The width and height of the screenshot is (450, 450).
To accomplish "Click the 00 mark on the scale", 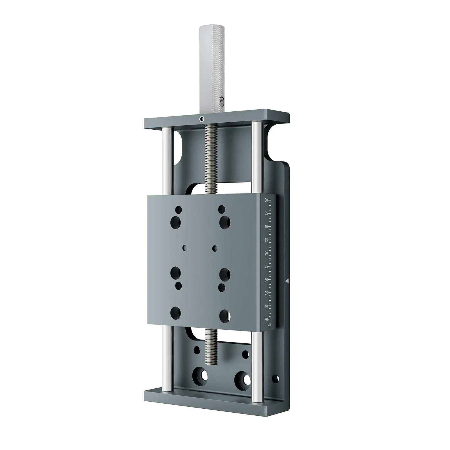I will point(266,200).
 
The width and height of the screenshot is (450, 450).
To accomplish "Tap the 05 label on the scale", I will point(266,213).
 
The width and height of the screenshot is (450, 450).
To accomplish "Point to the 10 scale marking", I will point(266,227).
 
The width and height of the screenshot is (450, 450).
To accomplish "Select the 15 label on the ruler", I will point(266,240).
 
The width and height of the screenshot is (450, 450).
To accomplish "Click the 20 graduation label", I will point(266,253).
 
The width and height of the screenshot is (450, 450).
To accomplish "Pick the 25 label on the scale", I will point(266,266).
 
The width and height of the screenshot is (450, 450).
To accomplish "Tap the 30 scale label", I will point(266,280).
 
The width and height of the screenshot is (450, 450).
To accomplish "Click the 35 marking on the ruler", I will point(266,293).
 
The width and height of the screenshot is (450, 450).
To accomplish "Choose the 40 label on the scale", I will point(266,306).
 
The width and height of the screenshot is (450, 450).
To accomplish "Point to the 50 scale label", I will point(266,319).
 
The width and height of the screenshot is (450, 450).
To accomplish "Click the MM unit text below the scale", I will point(269,325).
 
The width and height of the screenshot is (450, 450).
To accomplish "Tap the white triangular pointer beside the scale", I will point(287,281).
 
